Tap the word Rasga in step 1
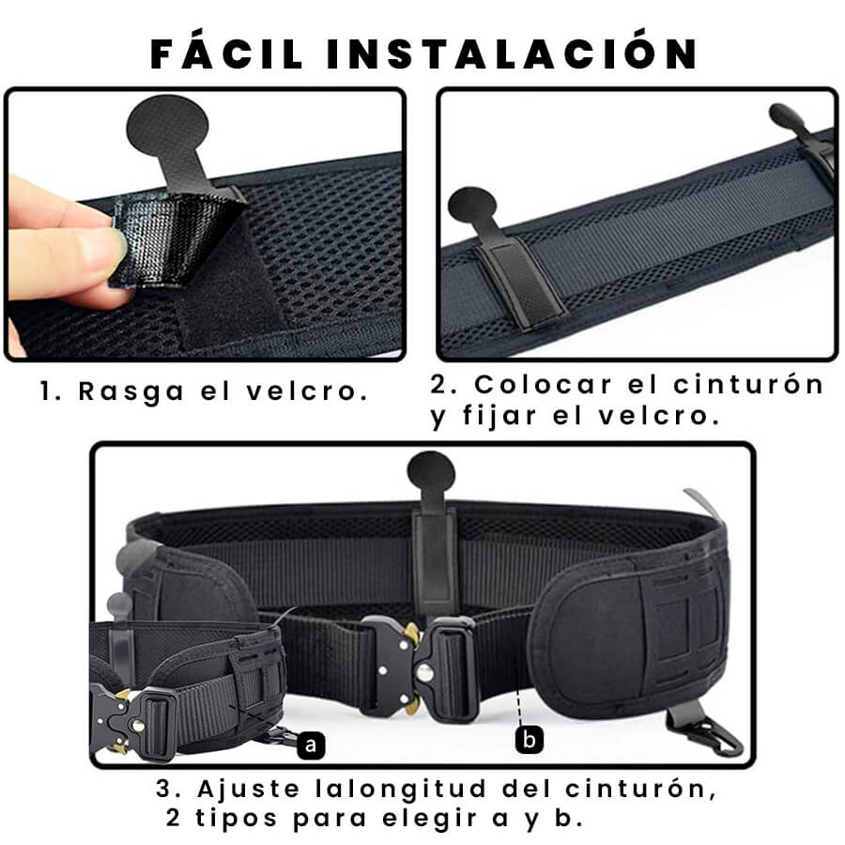tap(131, 392)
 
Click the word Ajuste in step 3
tap(248, 789)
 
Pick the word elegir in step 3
tap(429, 819)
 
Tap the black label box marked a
tap(311, 745)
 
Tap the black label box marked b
tap(530, 740)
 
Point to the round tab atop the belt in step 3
tap(431, 471)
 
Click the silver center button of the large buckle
tap(425, 671)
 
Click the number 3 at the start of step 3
tap(163, 790)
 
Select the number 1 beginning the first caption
tap(45, 392)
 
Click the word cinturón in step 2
tap(748, 384)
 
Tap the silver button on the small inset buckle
tap(139, 726)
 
